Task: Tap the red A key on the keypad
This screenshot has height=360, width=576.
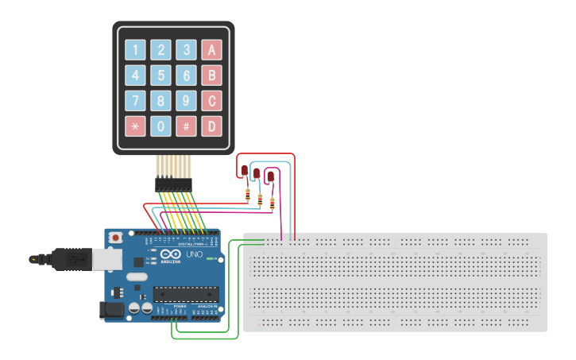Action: [211, 51]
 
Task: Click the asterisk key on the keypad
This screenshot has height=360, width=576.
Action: [136, 126]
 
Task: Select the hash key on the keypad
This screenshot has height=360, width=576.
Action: [186, 126]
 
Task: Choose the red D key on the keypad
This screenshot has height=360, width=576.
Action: [211, 126]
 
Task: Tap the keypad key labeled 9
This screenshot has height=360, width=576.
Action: [186, 101]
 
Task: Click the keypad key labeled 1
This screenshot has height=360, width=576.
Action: [136, 51]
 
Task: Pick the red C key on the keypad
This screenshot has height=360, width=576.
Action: [211, 101]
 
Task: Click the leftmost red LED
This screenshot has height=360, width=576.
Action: [245, 170]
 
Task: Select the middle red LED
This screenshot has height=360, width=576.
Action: [257, 173]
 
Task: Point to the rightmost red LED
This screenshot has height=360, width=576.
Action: [270, 176]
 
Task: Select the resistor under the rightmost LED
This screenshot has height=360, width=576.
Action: [273, 203]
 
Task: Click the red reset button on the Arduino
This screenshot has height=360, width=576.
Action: [116, 237]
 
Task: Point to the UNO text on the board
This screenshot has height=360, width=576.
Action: [194, 255]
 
